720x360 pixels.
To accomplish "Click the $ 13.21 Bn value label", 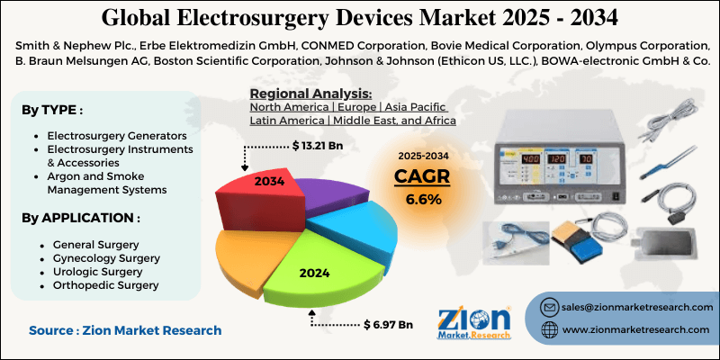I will [318, 145].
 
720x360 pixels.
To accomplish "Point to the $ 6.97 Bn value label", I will [388, 323].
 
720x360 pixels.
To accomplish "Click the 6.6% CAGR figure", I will [422, 199].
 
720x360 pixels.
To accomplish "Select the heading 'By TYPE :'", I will [53, 110].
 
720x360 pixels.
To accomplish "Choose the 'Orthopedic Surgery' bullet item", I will [106, 284].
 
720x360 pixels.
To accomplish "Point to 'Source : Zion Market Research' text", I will [124, 330].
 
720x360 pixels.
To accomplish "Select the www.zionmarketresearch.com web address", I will [634, 331].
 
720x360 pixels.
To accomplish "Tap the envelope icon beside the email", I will [549, 308].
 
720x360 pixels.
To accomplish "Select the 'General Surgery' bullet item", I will [96, 245].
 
